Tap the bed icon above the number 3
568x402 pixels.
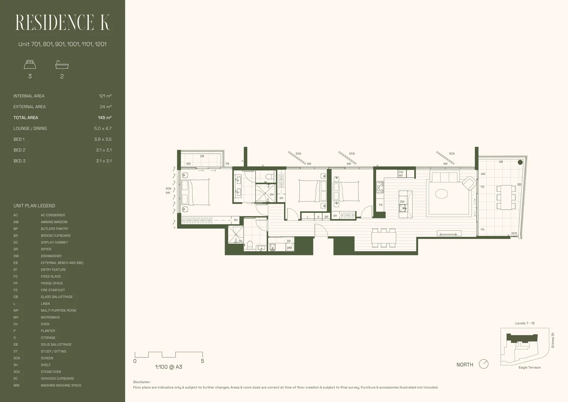point(30,65)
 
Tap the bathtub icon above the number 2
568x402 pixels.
point(62,65)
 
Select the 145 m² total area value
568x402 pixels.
point(104,118)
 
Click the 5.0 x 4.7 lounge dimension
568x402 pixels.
point(103,128)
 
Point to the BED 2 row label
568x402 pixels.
point(19,150)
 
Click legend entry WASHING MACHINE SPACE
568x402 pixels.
point(61,385)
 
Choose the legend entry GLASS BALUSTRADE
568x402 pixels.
point(57,297)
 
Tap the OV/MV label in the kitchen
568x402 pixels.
point(401,174)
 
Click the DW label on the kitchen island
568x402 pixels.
point(402,202)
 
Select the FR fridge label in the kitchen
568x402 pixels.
point(381,205)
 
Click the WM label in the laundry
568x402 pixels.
point(289,248)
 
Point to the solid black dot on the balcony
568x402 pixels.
point(520,162)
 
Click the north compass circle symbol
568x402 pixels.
point(483,364)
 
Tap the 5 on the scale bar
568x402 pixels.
point(202,361)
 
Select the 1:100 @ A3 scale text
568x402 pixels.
point(168,367)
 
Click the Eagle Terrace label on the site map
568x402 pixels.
point(529,367)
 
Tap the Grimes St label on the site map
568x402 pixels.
point(552,340)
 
